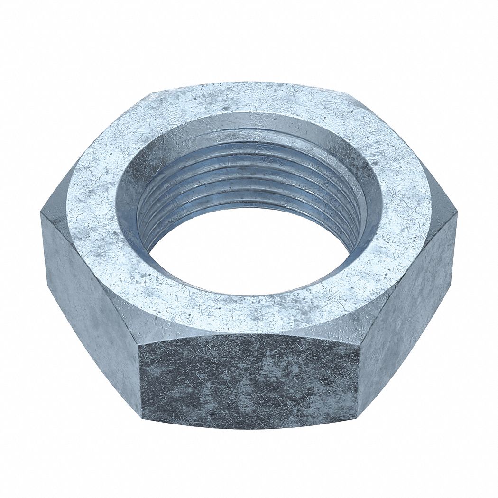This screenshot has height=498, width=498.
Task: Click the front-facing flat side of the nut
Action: pos(249,379)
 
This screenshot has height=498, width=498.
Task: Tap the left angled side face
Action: pos(90,304)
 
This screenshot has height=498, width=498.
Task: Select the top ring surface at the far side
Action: pos(249,100)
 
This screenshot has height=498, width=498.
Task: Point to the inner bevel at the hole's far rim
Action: pos(249,126)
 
